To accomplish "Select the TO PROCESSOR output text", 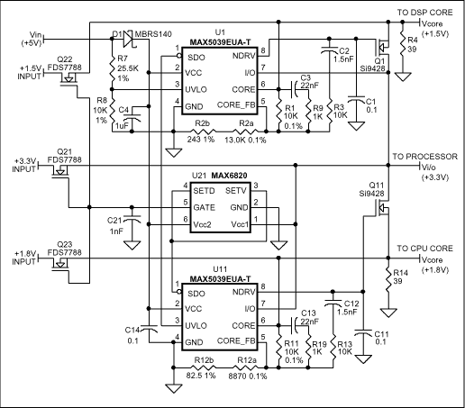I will coord(424,156).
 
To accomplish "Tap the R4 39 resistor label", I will coord(412,45).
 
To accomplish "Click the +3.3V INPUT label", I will coord(23,165).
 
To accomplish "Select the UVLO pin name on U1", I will coord(195,88).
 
